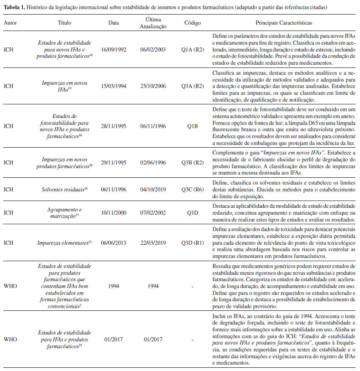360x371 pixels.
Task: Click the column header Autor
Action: point(10,22)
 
